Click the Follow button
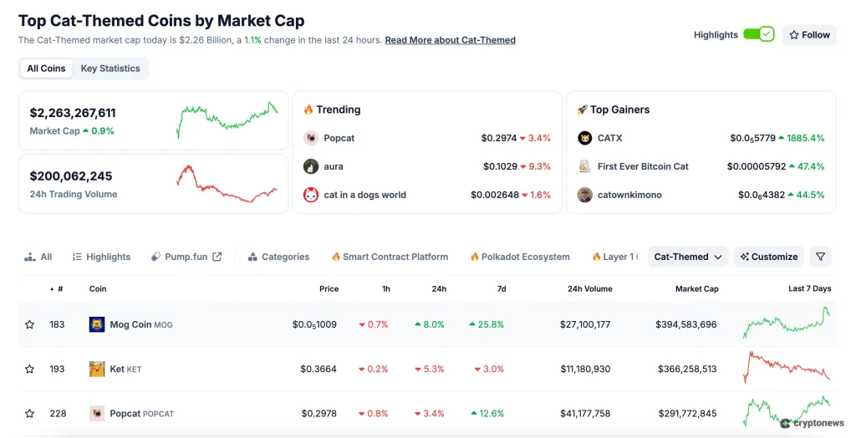809,35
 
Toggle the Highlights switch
759,35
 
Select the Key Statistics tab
110,69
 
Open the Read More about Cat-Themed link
450,40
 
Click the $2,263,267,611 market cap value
73,113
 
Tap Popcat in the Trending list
339,138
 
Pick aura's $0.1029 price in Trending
500,166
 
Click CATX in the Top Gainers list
609,138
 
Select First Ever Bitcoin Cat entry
642,166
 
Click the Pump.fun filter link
186,257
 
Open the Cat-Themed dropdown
688,257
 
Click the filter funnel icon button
820,257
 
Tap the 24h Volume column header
589,289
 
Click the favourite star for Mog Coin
30,324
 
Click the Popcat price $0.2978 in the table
318,413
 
